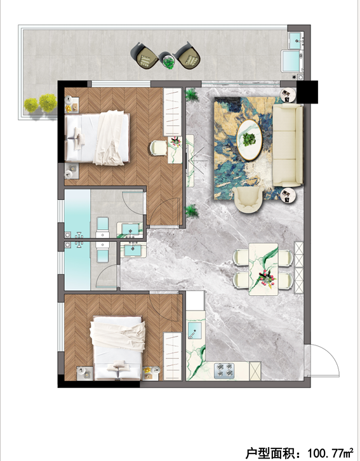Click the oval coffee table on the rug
point(250,140)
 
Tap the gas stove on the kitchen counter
point(224,370)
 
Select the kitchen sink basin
point(194,330)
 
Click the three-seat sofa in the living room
point(288,145)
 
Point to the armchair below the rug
point(248,199)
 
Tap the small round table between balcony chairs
point(168,60)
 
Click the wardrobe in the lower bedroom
point(172,356)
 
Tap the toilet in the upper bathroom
point(103,227)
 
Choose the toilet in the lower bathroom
point(103,252)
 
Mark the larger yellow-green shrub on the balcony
point(48,103)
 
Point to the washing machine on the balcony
point(292,61)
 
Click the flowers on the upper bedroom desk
point(175,141)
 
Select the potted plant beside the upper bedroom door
point(191,211)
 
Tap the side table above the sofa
point(288,95)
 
